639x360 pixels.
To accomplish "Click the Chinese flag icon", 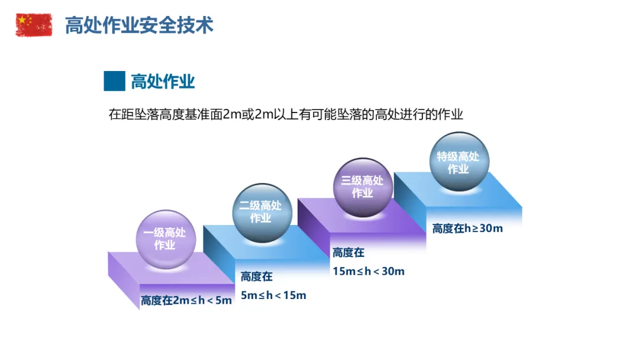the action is [x=34, y=25].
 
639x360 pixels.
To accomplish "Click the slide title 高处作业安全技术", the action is [x=139, y=25].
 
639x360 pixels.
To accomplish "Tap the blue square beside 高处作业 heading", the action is [x=114, y=81].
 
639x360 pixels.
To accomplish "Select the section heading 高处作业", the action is [x=163, y=82].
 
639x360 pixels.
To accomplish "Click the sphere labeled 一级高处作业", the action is [x=164, y=238].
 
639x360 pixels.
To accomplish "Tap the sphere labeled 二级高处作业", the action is [x=261, y=211].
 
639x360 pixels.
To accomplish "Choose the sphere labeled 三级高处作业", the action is [x=363, y=187].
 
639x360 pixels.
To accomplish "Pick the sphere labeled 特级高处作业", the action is [x=459, y=162].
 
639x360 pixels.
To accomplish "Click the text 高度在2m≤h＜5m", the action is [x=186, y=301].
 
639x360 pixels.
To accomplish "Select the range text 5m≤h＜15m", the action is [x=273, y=295].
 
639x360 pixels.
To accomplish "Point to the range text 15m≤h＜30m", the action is [x=369, y=271].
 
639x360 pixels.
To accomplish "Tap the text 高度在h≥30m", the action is [x=467, y=229].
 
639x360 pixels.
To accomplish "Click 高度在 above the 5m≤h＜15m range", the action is [x=257, y=276].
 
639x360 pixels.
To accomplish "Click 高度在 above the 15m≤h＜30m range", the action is [x=348, y=253].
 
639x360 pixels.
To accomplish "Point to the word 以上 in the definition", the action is [x=289, y=115].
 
